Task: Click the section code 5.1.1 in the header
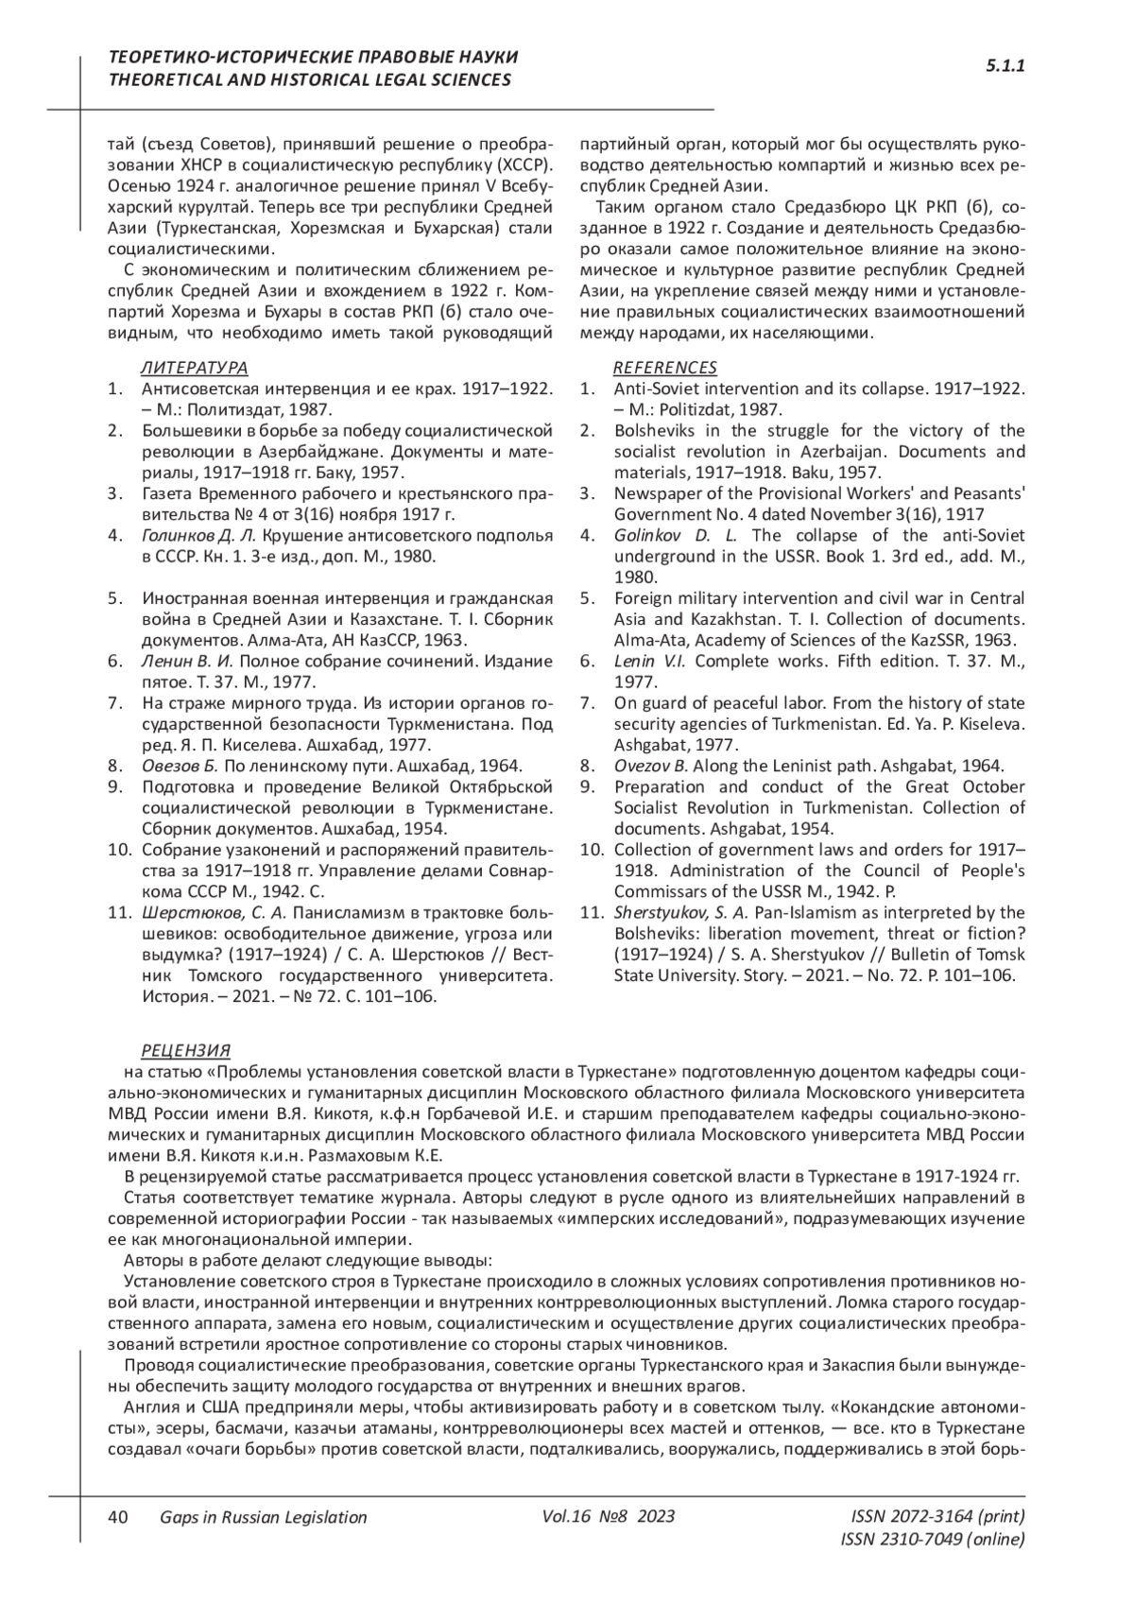(1005, 67)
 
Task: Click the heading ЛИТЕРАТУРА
(195, 368)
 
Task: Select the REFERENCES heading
(665, 368)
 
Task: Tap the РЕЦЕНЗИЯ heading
(185, 1051)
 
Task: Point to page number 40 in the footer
(118, 1517)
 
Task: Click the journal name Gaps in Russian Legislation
(264, 1517)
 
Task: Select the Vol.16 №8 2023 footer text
(609, 1516)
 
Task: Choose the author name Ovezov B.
(651, 766)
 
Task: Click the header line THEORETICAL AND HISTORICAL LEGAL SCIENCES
(310, 80)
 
